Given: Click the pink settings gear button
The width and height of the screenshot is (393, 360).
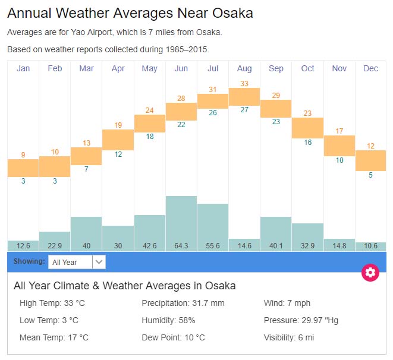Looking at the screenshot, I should (x=370, y=273).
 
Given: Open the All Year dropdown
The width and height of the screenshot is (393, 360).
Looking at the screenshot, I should (x=77, y=262).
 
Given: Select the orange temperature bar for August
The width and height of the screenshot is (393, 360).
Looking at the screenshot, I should (x=244, y=96).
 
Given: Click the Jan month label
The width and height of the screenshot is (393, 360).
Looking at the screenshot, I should (x=23, y=68).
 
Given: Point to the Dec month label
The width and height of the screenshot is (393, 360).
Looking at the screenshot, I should (x=370, y=68).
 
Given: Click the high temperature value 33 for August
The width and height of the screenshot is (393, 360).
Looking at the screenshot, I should (x=244, y=84).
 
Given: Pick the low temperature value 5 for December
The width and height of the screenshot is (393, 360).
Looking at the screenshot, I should (x=370, y=175).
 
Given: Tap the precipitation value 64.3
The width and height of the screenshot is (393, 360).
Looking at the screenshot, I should (x=181, y=246).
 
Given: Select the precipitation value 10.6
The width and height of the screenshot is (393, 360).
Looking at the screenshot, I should (x=370, y=246).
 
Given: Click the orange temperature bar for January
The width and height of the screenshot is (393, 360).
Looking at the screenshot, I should (x=23, y=168).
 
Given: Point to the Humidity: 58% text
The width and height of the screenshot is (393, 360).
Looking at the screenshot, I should (x=168, y=320).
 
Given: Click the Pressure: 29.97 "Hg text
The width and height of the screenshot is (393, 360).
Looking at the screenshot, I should (x=301, y=320).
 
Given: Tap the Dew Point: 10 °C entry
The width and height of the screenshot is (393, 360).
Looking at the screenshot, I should (x=173, y=337).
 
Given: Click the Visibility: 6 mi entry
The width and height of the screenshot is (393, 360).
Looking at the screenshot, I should (x=290, y=337).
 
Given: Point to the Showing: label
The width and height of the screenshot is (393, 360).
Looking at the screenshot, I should (x=29, y=261).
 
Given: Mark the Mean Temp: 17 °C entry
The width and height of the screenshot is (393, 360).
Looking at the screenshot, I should (x=54, y=337).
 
